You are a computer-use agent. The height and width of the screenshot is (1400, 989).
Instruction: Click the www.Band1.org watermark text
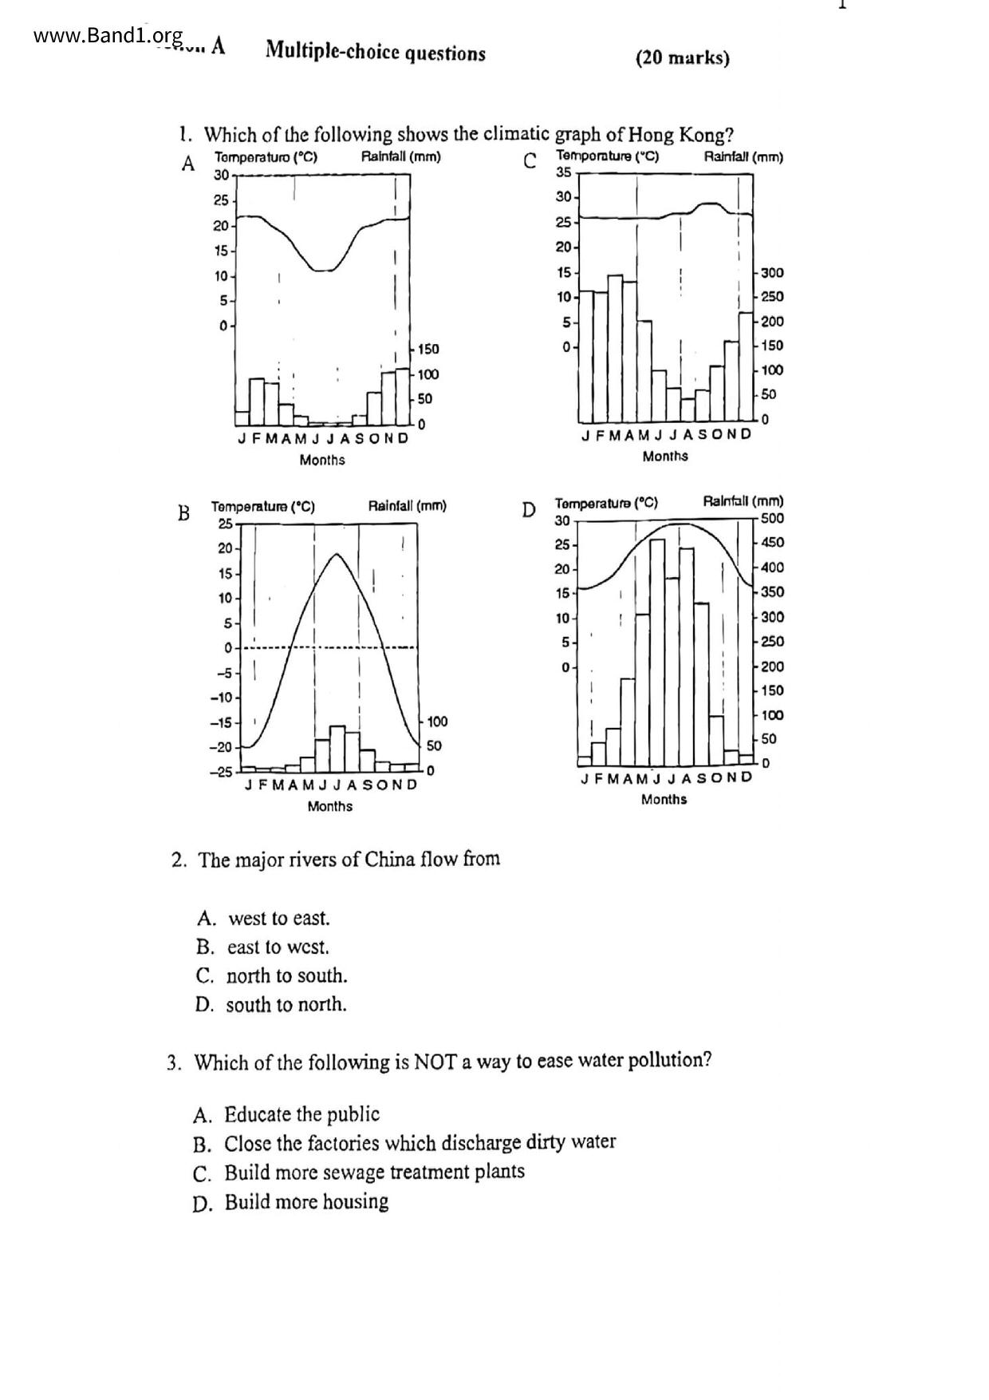108,36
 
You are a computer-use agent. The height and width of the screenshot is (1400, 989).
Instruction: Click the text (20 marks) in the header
682,58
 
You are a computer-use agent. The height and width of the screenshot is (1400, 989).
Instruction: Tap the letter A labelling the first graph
188,164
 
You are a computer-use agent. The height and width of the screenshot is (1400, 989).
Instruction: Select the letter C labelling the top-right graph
530,161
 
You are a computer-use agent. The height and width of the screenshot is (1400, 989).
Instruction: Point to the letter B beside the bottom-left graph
183,513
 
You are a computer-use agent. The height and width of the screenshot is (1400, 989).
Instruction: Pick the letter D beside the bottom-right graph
528,510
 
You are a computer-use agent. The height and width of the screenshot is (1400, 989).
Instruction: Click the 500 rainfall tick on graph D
772,518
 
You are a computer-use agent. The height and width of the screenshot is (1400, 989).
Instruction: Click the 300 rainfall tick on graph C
772,273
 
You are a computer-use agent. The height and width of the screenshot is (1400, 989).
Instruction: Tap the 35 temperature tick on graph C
563,172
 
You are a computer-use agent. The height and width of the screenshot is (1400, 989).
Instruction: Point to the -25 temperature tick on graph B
221,772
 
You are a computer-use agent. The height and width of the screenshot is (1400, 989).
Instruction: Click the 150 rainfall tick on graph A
428,350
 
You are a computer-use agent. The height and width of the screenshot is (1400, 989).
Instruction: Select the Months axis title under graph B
330,806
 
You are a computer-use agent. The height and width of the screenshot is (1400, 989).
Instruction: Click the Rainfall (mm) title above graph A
400,156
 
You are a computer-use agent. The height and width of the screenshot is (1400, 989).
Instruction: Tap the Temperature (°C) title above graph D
606,503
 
